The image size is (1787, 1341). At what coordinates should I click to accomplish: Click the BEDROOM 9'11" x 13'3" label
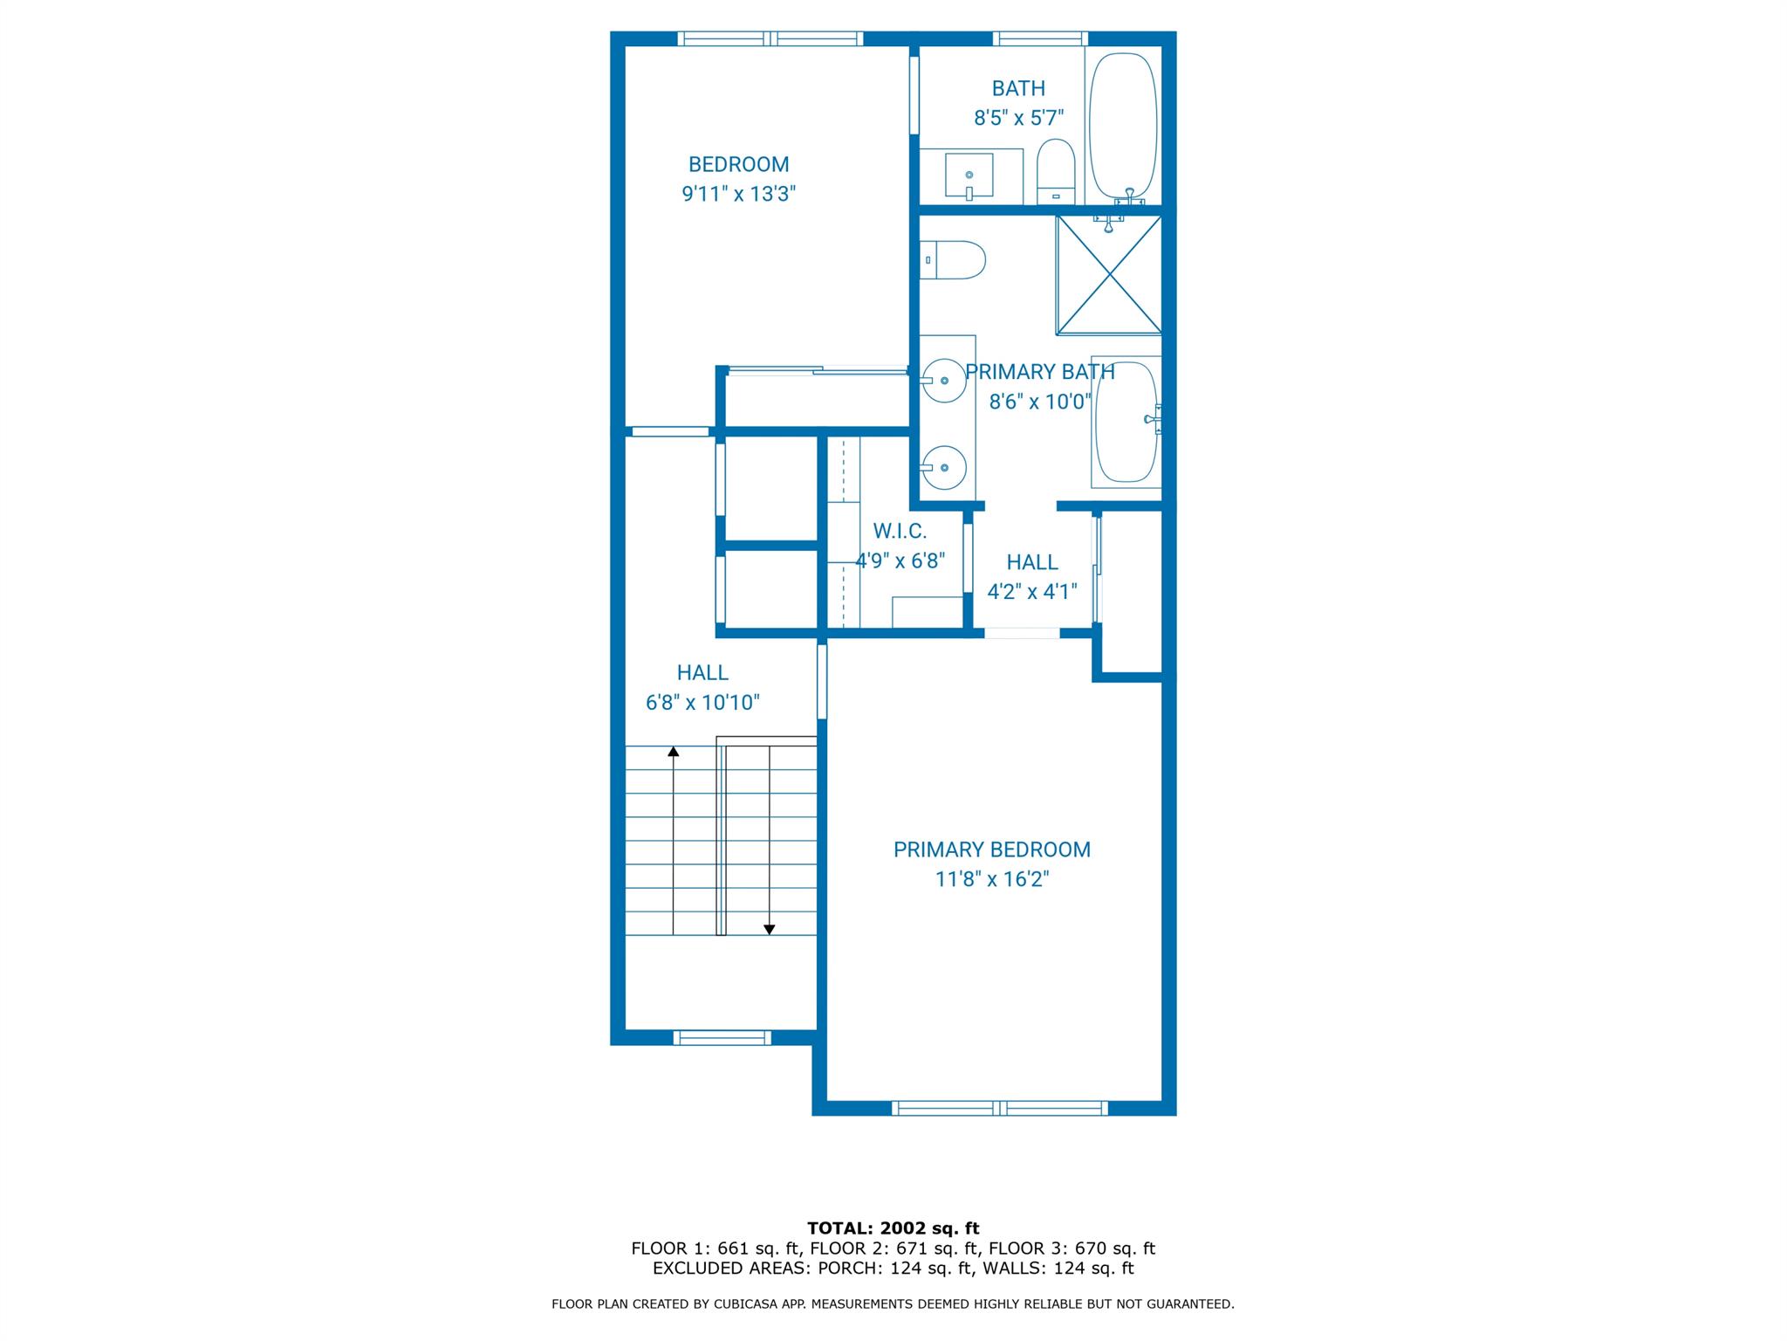738,179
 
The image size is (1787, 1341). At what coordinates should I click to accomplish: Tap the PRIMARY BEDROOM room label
991,849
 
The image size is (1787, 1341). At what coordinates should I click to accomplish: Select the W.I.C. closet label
900,531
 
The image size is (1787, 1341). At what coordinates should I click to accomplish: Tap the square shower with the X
1109,274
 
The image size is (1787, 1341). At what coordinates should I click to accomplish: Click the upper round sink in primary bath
944,381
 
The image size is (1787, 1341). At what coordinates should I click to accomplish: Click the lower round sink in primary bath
944,467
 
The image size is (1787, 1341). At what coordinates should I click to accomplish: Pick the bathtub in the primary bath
1126,421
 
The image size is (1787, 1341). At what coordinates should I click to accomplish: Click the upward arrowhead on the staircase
673,751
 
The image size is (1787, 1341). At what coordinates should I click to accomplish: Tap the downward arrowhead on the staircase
769,930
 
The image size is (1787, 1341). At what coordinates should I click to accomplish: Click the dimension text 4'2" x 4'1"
1031,592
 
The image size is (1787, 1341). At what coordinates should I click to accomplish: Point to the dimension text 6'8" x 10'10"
702,703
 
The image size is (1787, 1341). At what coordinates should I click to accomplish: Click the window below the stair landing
722,1037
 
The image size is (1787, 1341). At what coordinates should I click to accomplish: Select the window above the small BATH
1040,38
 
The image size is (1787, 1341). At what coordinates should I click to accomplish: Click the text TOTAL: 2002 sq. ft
893,1228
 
